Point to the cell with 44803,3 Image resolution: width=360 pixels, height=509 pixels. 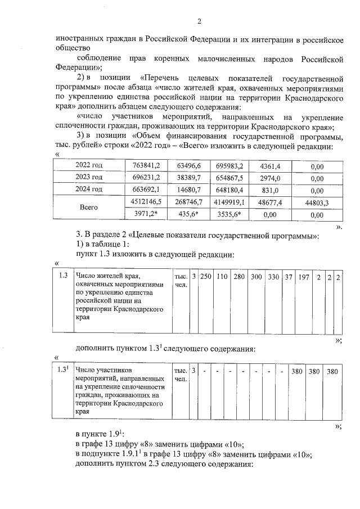[319, 202]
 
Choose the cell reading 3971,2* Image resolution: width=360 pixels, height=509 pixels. [146, 214]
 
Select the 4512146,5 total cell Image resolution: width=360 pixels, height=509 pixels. [146, 201]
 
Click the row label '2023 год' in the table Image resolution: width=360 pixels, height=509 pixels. [89, 177]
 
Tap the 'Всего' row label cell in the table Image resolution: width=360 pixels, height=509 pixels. [89, 208]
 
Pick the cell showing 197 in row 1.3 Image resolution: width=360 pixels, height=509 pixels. [304, 277]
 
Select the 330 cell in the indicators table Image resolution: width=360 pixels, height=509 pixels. [273, 277]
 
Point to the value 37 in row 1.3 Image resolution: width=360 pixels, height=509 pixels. [289, 277]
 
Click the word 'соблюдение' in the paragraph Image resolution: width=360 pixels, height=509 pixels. [98, 58]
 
